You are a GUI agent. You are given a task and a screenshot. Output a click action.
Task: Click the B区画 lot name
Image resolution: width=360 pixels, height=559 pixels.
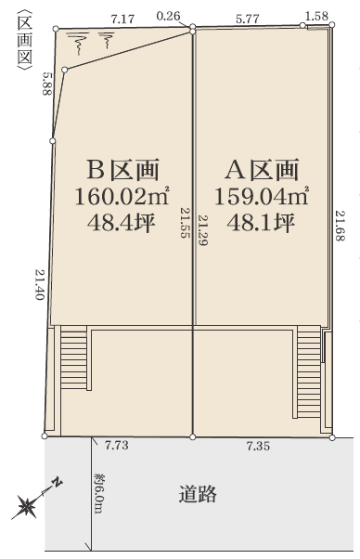122,170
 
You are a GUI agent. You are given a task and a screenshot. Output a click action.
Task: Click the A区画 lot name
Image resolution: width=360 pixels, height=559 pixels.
262,170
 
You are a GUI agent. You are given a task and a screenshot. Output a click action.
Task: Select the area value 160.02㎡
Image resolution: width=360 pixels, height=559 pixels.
122,197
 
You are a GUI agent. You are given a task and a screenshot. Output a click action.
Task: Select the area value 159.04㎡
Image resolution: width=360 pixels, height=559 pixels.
261,197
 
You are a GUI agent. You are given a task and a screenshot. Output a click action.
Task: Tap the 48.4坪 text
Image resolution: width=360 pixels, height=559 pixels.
122,223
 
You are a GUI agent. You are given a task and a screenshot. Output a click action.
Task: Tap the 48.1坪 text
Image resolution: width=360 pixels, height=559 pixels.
261,223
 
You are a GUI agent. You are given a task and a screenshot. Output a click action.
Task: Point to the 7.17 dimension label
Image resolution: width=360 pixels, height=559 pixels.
122,19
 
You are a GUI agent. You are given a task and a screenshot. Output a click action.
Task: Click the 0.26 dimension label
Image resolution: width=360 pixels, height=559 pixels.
168,16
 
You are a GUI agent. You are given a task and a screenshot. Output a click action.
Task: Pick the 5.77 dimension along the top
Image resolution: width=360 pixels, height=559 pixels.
248,19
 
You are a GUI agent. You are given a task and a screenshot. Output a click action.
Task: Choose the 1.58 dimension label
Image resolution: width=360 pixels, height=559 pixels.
316,16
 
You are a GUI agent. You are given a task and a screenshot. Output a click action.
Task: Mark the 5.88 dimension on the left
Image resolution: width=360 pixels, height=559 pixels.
47,84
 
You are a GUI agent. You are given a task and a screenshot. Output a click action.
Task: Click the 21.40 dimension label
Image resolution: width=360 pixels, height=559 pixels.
39,284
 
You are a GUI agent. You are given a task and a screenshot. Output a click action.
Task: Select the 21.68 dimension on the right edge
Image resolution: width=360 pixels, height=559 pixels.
341,226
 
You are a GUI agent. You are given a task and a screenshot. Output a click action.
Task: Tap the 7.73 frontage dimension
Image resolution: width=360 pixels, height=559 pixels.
117,446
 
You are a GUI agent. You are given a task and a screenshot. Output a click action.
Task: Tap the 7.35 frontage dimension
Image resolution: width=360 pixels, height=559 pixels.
258,446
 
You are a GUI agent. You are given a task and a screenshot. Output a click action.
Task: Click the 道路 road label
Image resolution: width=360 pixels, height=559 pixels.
198,494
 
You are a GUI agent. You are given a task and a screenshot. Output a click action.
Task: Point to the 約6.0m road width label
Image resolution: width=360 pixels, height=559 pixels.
98,493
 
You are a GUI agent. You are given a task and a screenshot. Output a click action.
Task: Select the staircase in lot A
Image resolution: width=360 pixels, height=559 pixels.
309,371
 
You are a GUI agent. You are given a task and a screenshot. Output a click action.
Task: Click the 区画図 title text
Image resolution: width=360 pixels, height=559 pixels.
24,40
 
